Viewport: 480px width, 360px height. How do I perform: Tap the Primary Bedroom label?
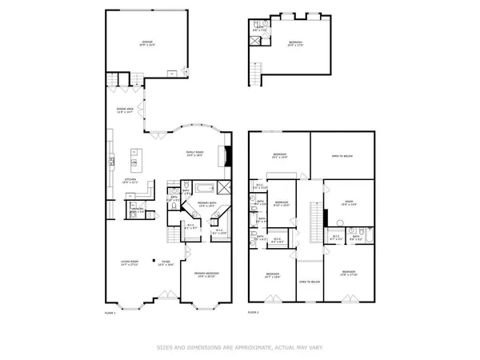click(207, 274)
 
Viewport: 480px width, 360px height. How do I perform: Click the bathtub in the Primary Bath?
click(204, 189)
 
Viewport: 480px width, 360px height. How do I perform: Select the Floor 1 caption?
click(110, 312)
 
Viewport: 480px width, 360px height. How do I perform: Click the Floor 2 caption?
click(254, 312)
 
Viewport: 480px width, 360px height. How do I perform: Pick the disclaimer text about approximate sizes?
click(239, 347)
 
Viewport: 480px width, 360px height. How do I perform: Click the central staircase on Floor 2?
click(314, 218)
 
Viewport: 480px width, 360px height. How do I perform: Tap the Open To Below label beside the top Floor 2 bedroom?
click(342, 156)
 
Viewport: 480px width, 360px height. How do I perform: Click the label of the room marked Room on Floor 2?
click(348, 204)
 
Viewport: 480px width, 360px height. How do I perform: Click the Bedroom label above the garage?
click(297, 44)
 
